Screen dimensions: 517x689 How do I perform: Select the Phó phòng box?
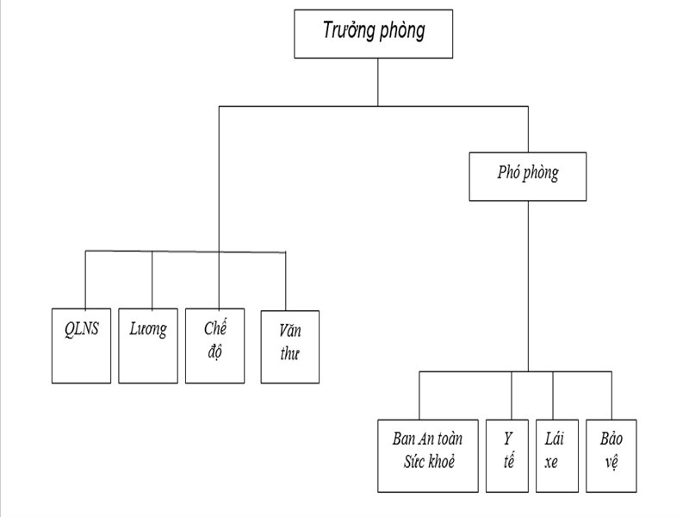coord(528,177)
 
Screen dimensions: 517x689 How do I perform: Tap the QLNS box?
coord(82,346)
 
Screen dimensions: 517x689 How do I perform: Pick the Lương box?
coord(148,346)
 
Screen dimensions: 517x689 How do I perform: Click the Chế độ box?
coord(215,346)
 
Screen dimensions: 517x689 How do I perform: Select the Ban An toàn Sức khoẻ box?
coord(427,455)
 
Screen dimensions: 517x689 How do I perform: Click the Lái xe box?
coord(553,455)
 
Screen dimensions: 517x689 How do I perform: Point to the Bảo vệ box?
coord(611,455)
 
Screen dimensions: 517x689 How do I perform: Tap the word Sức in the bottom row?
coord(414,461)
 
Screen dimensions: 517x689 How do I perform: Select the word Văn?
coord(289,330)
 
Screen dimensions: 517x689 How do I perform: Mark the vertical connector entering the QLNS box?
coord(85,279)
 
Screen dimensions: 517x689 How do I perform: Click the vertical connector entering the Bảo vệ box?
coord(611,396)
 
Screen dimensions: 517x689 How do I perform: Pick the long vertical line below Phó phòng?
coord(528,284)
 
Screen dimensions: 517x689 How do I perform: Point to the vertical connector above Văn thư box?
coord(285,281)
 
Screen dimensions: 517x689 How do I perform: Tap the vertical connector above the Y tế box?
coord(512,396)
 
